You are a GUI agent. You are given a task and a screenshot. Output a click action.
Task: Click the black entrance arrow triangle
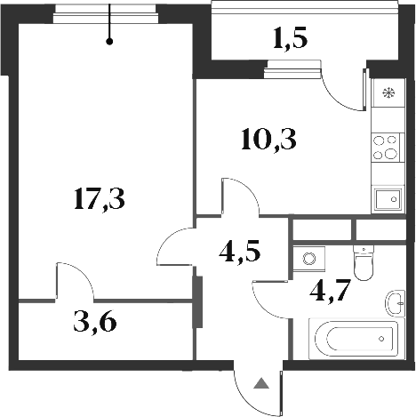[261, 384]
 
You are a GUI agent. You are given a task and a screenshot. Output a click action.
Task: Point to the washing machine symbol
[308, 260]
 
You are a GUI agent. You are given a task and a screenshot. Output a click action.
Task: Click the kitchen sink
[386, 199]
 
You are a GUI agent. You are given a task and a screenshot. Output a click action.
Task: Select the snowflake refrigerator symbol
[387, 93]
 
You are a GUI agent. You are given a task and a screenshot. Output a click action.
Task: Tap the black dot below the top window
[110, 40]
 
